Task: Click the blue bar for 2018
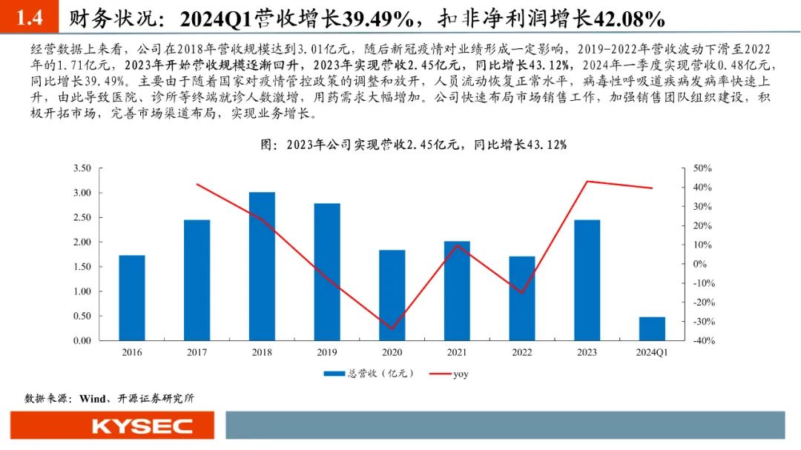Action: (x=262, y=266)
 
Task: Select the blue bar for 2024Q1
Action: (x=652, y=328)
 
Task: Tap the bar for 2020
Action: (x=392, y=295)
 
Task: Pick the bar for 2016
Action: (x=132, y=297)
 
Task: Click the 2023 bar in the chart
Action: (x=587, y=279)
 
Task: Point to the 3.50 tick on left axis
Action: (x=82, y=168)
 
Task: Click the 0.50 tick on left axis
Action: (x=82, y=316)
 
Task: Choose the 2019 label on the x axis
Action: (x=327, y=353)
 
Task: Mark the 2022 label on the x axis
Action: (x=522, y=353)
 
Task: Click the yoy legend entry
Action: (x=460, y=374)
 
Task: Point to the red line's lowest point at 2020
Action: (x=392, y=328)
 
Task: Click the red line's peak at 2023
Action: (x=587, y=181)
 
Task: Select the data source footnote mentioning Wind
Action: (x=110, y=398)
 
